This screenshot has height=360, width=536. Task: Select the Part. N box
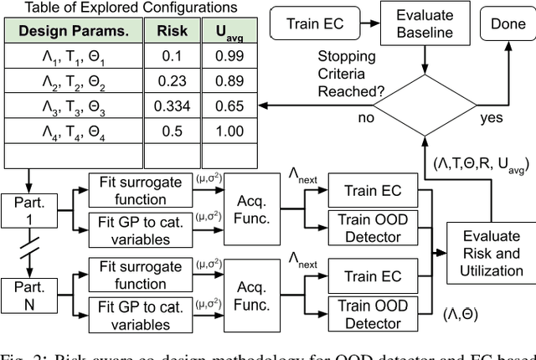point(28,295)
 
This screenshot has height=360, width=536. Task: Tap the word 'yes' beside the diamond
point(492,117)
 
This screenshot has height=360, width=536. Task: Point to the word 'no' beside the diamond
point(365,117)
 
